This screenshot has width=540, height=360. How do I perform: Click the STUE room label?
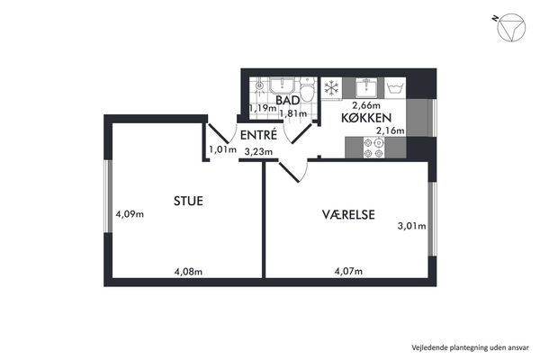[x=188, y=201]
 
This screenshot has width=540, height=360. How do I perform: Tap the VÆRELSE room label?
[x=348, y=214]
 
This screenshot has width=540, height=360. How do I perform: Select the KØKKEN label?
[x=366, y=118]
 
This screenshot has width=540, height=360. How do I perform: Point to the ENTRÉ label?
[x=258, y=135]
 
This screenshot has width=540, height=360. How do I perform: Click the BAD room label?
[x=288, y=100]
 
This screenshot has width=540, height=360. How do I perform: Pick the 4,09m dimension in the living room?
[x=130, y=214]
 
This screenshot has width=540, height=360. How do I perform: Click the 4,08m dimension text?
[x=188, y=272]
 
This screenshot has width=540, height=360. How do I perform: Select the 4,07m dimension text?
[x=348, y=271]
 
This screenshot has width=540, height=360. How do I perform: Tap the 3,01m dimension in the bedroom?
[x=412, y=226]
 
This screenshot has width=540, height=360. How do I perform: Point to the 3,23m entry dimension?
[x=258, y=151]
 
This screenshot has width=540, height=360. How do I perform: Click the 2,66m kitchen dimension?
[x=365, y=104]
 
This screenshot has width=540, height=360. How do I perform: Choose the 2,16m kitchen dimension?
[x=391, y=130]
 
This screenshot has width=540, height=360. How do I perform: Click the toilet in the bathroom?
[x=308, y=88]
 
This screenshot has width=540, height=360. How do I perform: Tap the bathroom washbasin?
[x=282, y=85]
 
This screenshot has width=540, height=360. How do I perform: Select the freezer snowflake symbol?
[x=331, y=87]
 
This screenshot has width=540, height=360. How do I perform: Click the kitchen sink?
[x=367, y=87]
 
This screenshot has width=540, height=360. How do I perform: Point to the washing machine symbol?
[x=395, y=88]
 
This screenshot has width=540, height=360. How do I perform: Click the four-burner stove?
[x=374, y=148]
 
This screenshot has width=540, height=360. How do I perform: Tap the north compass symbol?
[x=511, y=28]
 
